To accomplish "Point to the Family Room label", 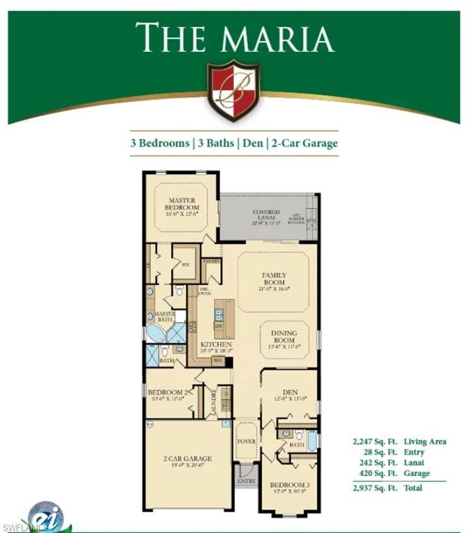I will click(x=274, y=280).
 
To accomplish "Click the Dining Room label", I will click(x=283, y=337).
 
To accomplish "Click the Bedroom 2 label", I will click(x=168, y=393).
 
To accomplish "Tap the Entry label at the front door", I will click(x=246, y=480).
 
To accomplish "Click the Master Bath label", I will click(x=165, y=316).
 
